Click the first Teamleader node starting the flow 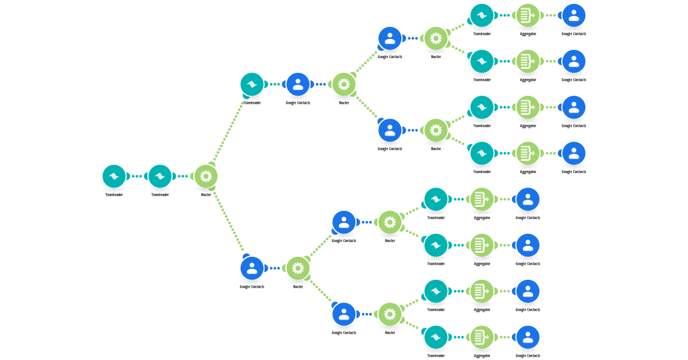[x=114, y=177]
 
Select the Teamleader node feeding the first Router [x=160, y=177]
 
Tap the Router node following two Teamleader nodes [x=206, y=177]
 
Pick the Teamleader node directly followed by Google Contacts [x=252, y=84]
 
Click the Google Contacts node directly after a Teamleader [x=298, y=84]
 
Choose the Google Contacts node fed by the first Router [x=252, y=268]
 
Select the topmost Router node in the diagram [x=436, y=38]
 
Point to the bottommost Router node [x=390, y=314]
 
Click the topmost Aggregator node [x=527, y=15]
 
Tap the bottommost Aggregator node [x=482, y=337]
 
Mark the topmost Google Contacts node [x=574, y=15]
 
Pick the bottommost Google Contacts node [x=527, y=337]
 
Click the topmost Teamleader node [x=482, y=15]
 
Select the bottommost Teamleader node [x=436, y=337]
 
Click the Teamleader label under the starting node [x=114, y=195]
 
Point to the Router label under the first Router [x=206, y=195]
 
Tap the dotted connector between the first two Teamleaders [x=136, y=177]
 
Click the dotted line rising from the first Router [x=229, y=132]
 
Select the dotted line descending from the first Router [x=229, y=222]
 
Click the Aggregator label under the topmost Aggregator [x=527, y=34]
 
